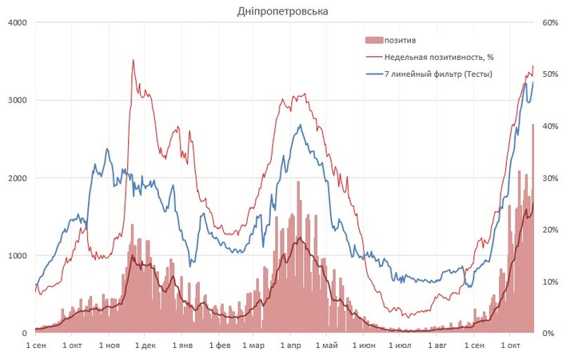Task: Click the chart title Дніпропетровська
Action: [x=282, y=11]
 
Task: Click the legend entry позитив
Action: [x=399, y=39]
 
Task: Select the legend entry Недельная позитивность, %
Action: [x=437, y=57]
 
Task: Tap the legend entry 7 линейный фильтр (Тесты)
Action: [x=437, y=74]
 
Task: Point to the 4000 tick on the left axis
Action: [x=17, y=22]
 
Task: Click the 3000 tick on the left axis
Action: [x=17, y=100]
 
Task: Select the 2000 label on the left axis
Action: [x=17, y=178]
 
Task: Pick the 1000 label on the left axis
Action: [x=17, y=255]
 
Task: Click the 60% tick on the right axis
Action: [x=550, y=22]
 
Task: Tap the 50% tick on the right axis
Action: [x=550, y=74]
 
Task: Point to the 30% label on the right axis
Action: [x=550, y=178]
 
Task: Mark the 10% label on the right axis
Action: [x=550, y=282]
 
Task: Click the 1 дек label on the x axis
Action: [x=145, y=346]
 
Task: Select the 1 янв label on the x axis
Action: [x=182, y=346]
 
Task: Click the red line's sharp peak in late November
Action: [x=133, y=60]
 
